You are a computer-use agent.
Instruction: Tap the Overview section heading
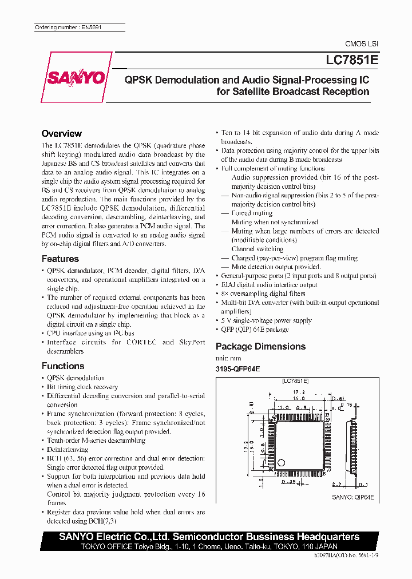(62, 133)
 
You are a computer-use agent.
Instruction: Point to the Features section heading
(60, 259)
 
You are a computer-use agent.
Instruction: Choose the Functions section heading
(63, 366)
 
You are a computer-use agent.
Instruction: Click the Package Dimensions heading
(260, 346)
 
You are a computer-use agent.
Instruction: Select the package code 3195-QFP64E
(237, 369)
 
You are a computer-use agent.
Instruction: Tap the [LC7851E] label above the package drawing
(295, 380)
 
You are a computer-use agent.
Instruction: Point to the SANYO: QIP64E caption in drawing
(353, 498)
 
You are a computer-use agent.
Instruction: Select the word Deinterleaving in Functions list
(68, 449)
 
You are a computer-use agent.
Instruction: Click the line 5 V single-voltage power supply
(266, 320)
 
